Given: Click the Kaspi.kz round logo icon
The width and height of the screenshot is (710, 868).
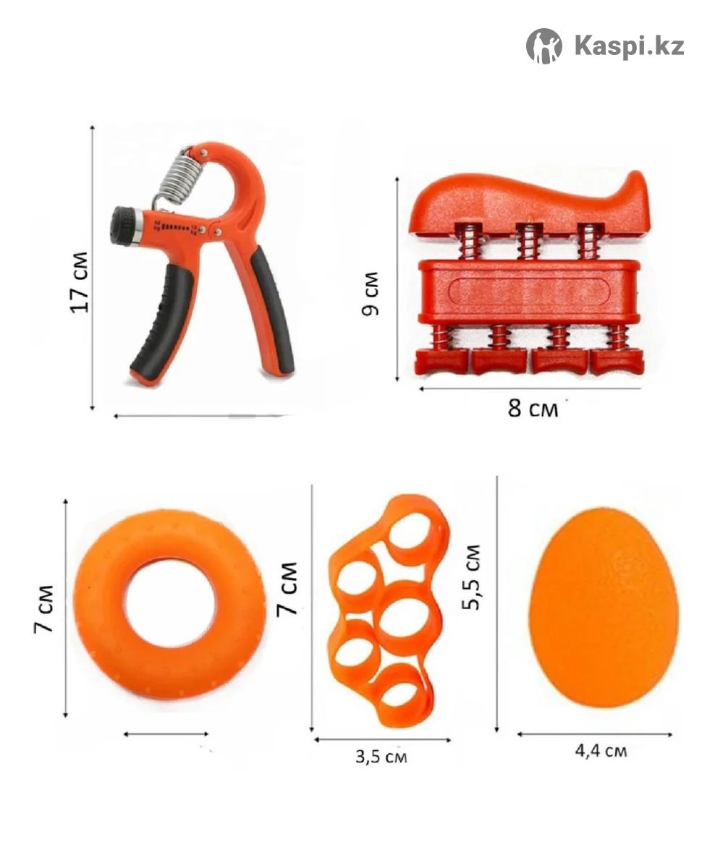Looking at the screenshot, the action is coord(544,46).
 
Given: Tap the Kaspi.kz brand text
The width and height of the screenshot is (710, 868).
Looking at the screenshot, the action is coord(630,46).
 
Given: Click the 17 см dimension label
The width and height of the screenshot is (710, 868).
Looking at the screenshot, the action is coord(80,283).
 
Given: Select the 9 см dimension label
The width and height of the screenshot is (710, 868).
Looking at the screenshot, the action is coord(371,294).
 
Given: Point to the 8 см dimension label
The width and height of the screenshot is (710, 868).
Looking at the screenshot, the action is coord(533,409).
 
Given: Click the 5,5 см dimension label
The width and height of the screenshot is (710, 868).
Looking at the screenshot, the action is coord(470,577).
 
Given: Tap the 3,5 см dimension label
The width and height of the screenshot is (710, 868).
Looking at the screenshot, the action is coord(381,757).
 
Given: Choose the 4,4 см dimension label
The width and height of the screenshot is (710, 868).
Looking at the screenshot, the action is coord(601,751).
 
